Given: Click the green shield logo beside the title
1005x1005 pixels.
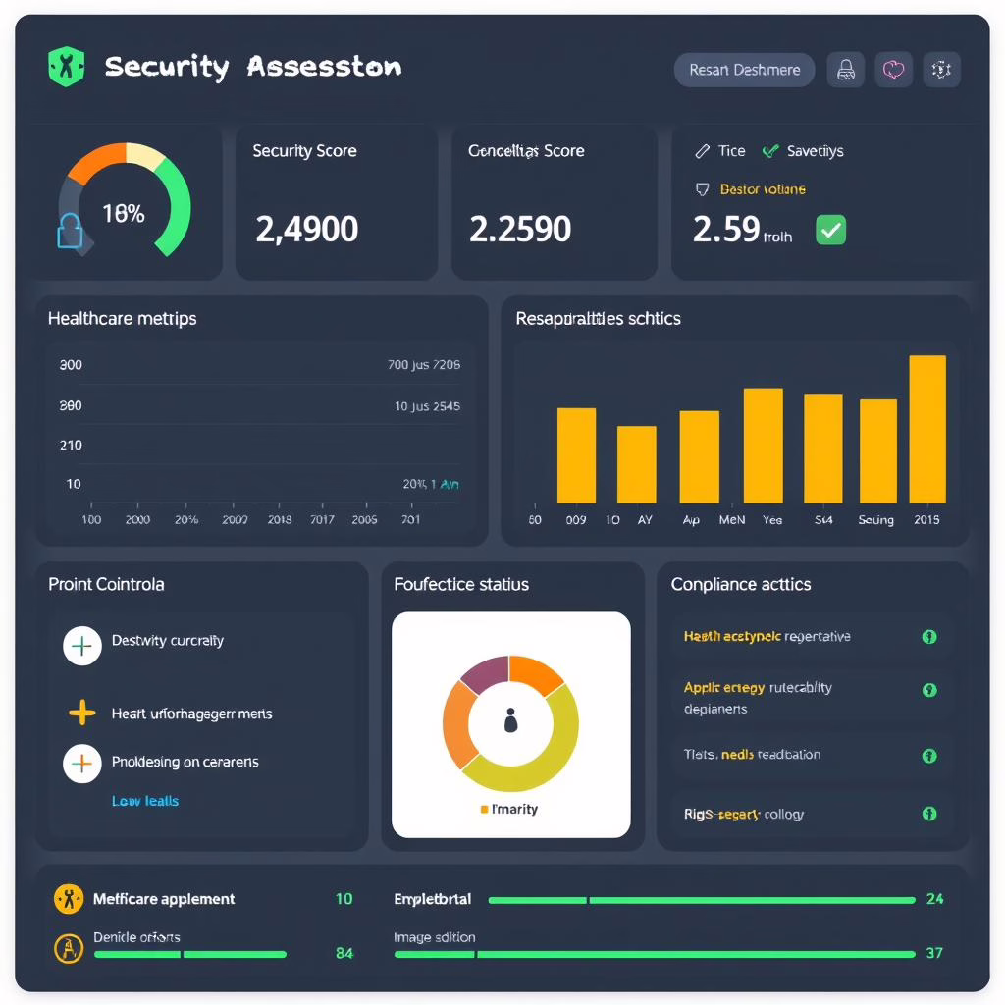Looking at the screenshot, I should pyautogui.click(x=66, y=67).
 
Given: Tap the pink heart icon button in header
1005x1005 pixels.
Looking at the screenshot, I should pyautogui.click(x=893, y=70).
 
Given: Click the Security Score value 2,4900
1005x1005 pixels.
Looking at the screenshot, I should pyautogui.click(x=306, y=229).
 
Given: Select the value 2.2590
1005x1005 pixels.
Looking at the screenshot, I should pyautogui.click(x=520, y=229).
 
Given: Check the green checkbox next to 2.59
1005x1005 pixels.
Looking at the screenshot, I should pyautogui.click(x=830, y=231).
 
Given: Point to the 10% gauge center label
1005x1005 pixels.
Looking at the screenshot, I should pyautogui.click(x=124, y=213).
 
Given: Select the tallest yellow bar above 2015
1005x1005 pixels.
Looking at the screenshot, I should pyautogui.click(x=927, y=429).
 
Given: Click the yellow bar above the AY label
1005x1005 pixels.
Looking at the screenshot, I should pyautogui.click(x=636, y=464).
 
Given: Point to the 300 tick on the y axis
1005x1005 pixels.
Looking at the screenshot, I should pyautogui.click(x=71, y=365).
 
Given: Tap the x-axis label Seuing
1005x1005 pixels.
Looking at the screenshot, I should pyautogui.click(x=875, y=520).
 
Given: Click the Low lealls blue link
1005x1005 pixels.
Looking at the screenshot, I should pyautogui.click(x=145, y=801).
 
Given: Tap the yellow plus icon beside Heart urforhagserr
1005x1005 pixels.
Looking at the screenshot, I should pyautogui.click(x=82, y=713).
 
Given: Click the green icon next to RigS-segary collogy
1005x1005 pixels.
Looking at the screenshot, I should pyautogui.click(x=928, y=814).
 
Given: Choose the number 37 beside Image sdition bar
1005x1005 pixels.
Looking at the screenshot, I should pyautogui.click(x=934, y=953).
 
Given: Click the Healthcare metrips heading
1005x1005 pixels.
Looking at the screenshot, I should pyautogui.click(x=122, y=318).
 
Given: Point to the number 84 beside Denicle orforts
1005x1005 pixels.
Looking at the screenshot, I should pyautogui.click(x=344, y=953).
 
